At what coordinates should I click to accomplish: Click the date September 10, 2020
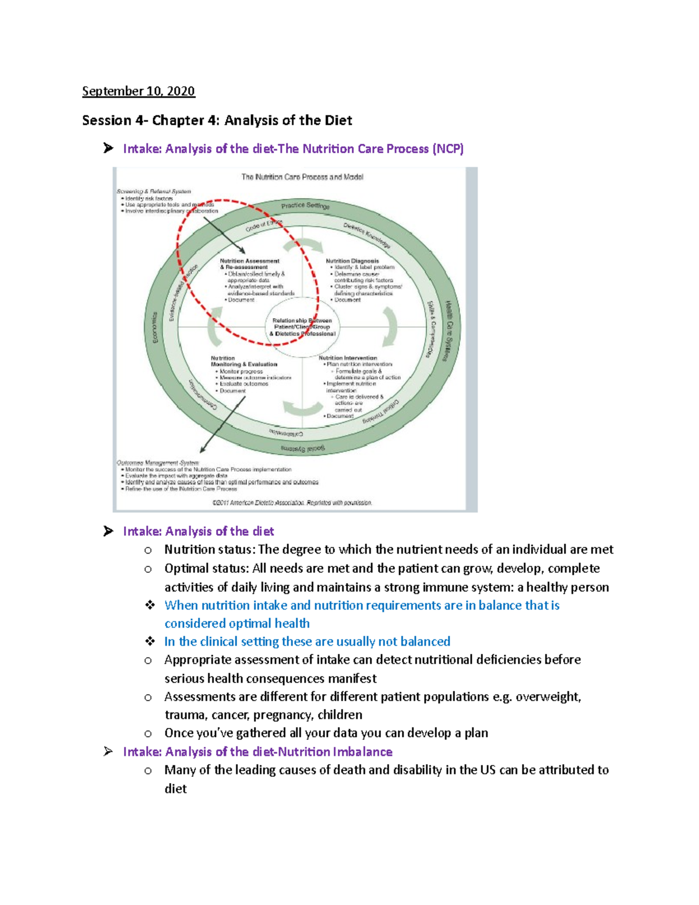(x=138, y=91)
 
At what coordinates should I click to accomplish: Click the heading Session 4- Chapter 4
(x=217, y=121)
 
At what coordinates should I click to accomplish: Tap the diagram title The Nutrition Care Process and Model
(x=302, y=177)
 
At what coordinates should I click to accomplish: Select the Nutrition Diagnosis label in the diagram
(x=352, y=261)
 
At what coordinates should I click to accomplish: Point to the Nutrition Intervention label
(x=348, y=358)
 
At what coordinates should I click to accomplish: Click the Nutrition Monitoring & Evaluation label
(x=243, y=361)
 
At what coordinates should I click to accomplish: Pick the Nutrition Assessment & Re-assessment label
(x=249, y=264)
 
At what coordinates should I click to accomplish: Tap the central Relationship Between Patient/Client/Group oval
(x=302, y=328)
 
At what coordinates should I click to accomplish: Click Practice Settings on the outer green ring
(x=305, y=206)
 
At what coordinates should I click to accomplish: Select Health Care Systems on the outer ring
(x=449, y=330)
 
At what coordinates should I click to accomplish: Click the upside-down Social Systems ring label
(x=303, y=448)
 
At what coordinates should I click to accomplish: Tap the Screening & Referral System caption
(x=154, y=191)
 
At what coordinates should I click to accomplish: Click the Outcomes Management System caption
(x=157, y=463)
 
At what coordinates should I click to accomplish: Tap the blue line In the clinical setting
(x=307, y=642)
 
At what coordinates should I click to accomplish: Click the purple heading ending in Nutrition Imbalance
(x=257, y=752)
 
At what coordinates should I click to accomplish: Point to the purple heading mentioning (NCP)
(x=293, y=149)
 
